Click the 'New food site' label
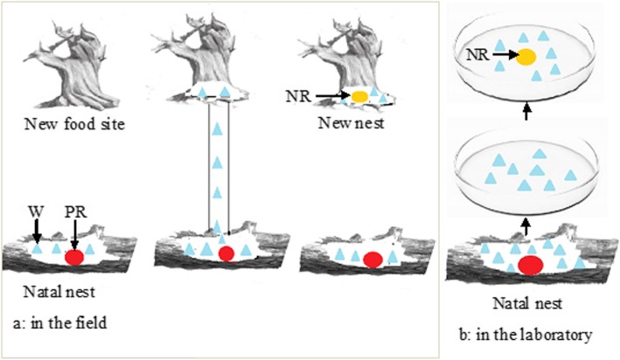coord(73,124)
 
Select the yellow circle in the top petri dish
coord(526,59)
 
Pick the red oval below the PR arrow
coord(74,257)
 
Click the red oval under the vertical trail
coord(226,254)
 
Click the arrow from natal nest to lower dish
coord(526,228)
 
